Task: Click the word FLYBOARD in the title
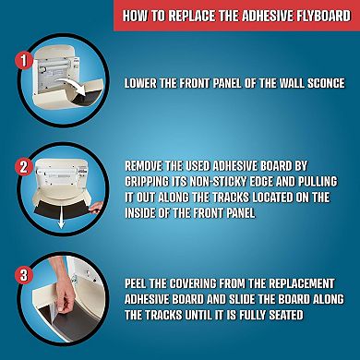[314, 16]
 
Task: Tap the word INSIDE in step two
[148, 210]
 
